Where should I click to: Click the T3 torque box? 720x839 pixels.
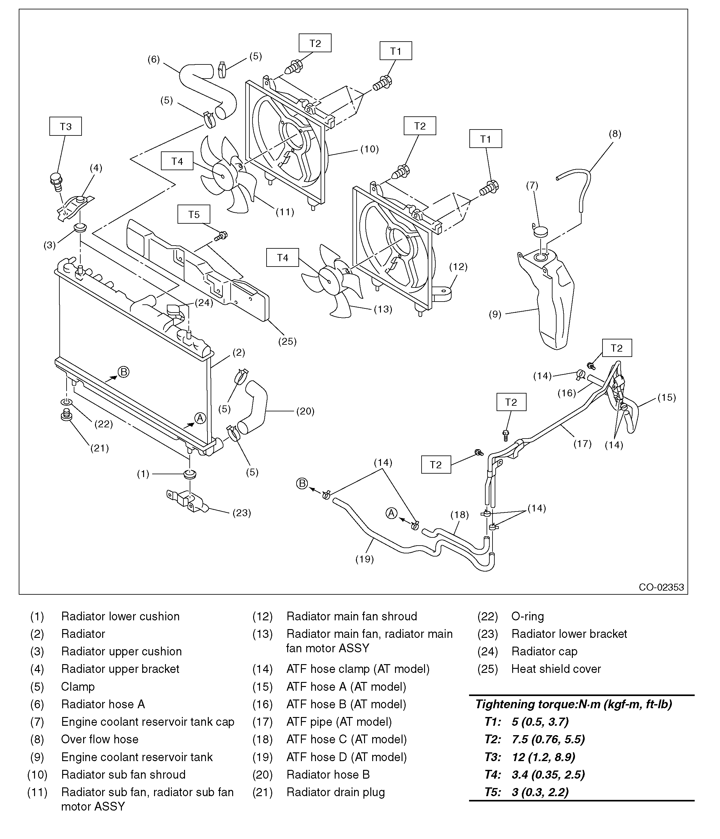pyautogui.click(x=66, y=126)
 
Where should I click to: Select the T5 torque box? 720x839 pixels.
pyautogui.click(x=194, y=214)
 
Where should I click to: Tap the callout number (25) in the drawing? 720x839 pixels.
pyautogui.click(x=287, y=341)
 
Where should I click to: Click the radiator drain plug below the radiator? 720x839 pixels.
pyautogui.click(x=66, y=414)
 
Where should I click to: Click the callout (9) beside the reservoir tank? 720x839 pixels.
pyautogui.click(x=495, y=314)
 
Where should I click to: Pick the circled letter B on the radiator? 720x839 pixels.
pyautogui.click(x=123, y=372)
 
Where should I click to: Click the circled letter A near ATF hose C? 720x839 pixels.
pyautogui.click(x=391, y=513)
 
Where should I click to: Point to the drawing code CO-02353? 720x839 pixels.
pyautogui.click(x=661, y=587)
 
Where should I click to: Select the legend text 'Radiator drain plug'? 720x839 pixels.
pyautogui.click(x=335, y=792)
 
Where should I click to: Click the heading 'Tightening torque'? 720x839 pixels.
pyautogui.click(x=573, y=704)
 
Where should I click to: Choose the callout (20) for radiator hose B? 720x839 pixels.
pyautogui.click(x=305, y=411)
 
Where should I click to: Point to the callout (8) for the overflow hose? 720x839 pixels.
pyautogui.click(x=615, y=134)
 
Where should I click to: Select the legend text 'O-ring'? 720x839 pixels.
pyautogui.click(x=527, y=616)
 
